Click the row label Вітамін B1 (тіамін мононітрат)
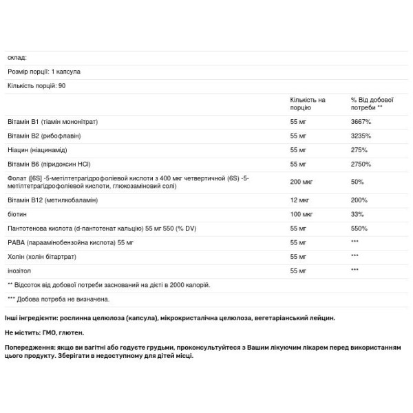(52, 121)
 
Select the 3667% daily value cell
(361, 121)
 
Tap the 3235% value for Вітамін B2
(361, 136)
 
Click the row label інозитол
(21, 271)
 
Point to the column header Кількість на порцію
(308, 104)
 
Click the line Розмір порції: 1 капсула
(41, 71)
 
